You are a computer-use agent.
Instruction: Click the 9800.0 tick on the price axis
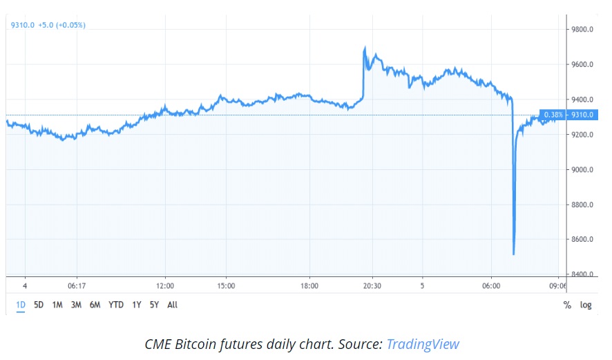point(583,30)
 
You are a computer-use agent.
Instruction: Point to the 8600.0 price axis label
point(583,240)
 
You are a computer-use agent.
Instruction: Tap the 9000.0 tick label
point(583,170)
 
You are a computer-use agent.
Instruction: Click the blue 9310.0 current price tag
point(583,115)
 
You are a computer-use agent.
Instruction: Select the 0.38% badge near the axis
point(553,115)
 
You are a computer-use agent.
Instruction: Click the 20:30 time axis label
point(372,285)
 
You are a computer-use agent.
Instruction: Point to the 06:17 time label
point(76,285)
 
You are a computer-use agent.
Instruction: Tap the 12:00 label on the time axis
point(165,285)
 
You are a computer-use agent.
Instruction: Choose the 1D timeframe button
point(21,305)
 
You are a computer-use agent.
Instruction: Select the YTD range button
point(116,305)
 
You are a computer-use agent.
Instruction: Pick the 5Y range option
point(155,305)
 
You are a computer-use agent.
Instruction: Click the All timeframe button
point(173,305)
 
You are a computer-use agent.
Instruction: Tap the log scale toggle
point(586,305)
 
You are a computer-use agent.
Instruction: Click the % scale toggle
point(567,305)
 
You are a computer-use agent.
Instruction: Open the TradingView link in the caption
point(422,344)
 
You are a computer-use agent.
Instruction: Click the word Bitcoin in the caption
point(202,344)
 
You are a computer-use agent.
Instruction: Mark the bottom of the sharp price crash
point(513,254)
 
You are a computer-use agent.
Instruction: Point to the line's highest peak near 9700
point(365,48)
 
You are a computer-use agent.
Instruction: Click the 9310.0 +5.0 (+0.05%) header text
point(48,26)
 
